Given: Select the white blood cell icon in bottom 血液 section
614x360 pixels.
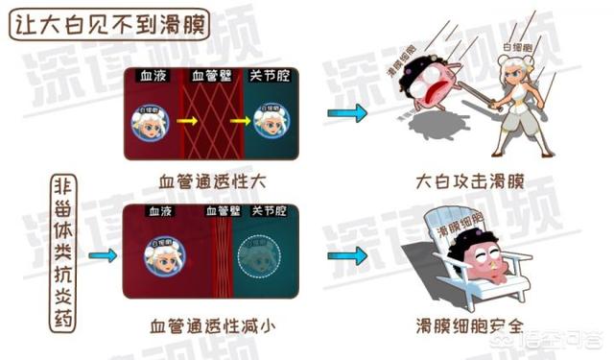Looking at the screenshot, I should coord(164,256).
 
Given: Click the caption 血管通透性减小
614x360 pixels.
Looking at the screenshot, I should coord(214,324).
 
